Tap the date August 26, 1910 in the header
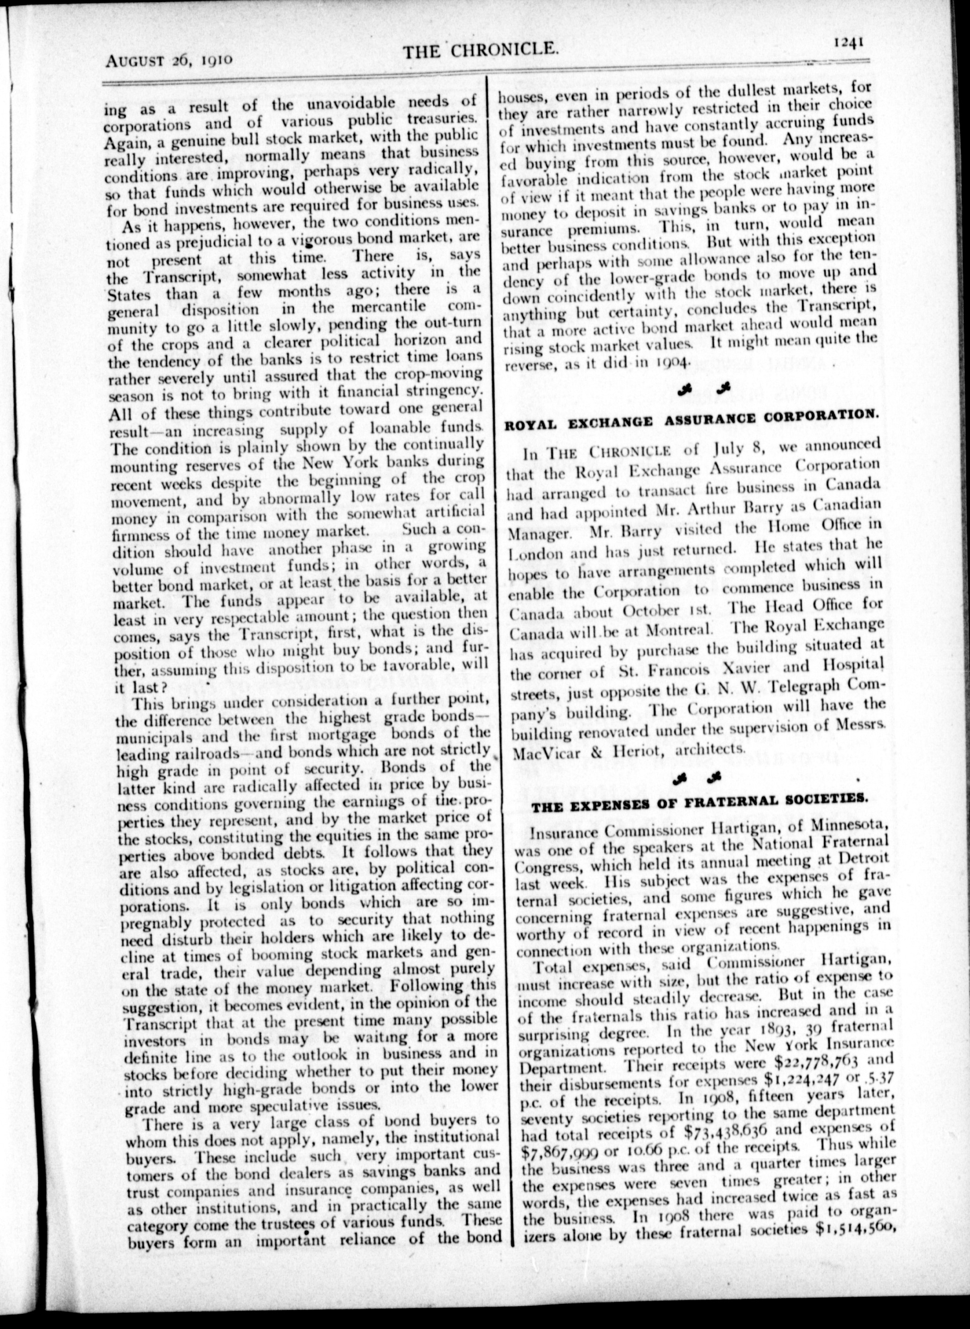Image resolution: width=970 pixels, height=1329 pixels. pyautogui.click(x=170, y=59)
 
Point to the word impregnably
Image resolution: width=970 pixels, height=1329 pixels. pyautogui.click(x=158, y=921)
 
